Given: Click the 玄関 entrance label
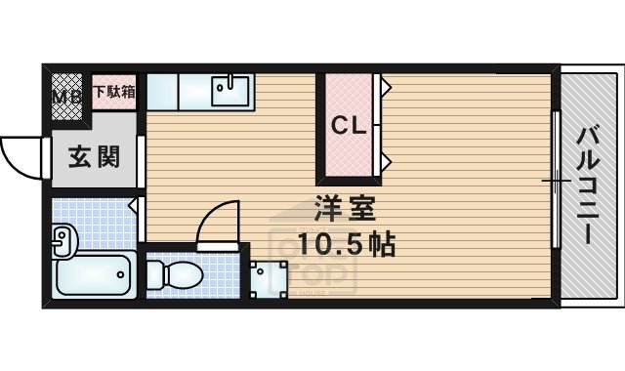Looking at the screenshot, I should tap(95, 155).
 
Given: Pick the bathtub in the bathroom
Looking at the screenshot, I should tap(94, 275).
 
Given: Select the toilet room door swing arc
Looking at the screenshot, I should tap(217, 223).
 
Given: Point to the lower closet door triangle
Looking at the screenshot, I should tap(387, 159).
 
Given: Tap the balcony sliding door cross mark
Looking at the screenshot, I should tap(556, 181).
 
